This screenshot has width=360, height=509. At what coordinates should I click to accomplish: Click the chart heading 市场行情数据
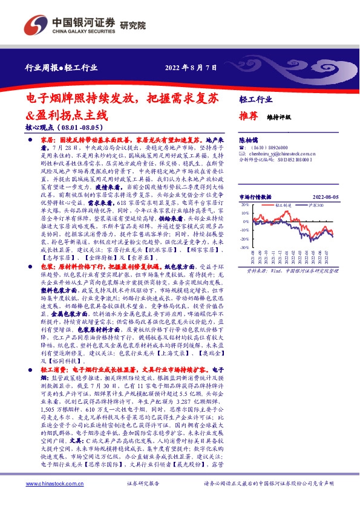[x=255, y=197]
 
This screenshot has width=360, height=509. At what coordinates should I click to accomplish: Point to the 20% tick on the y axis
[x=244, y=205]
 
